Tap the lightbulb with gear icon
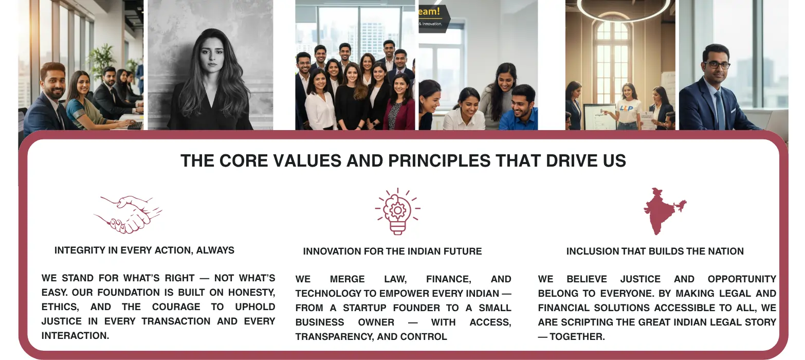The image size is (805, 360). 397,211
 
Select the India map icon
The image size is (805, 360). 663,211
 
